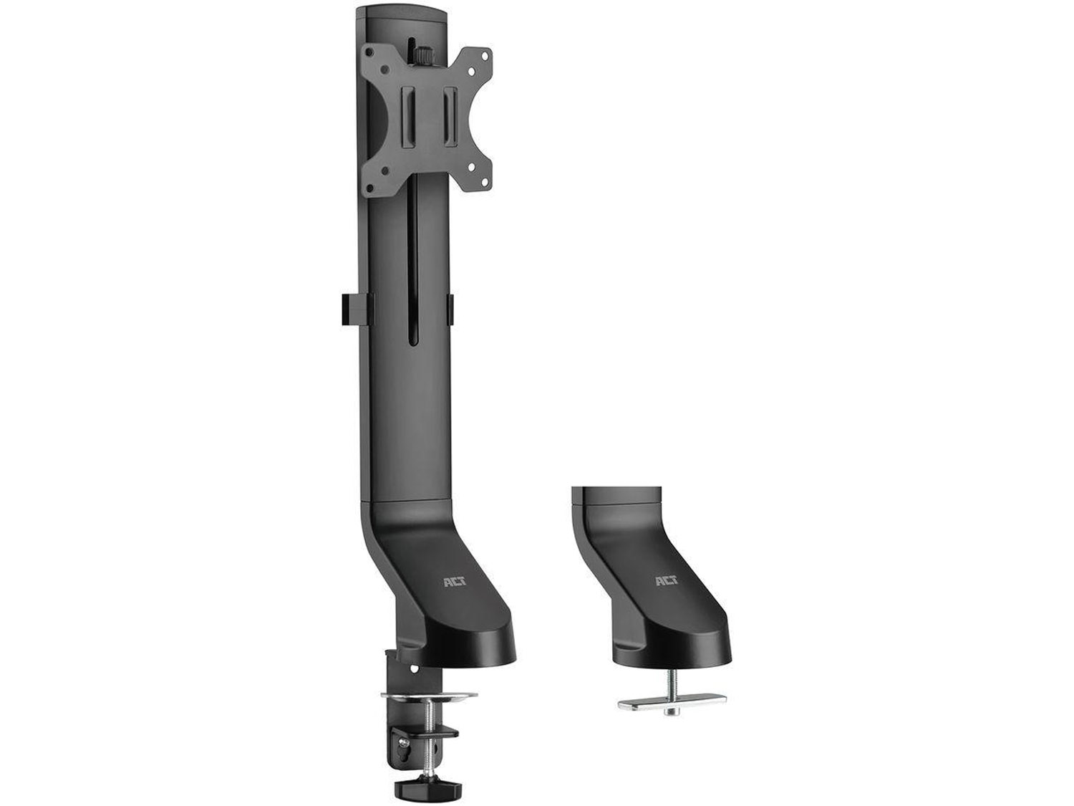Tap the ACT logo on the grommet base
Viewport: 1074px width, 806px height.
point(667,581)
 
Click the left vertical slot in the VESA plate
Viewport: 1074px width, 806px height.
point(407,117)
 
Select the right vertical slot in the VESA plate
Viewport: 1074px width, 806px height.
point(450,117)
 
